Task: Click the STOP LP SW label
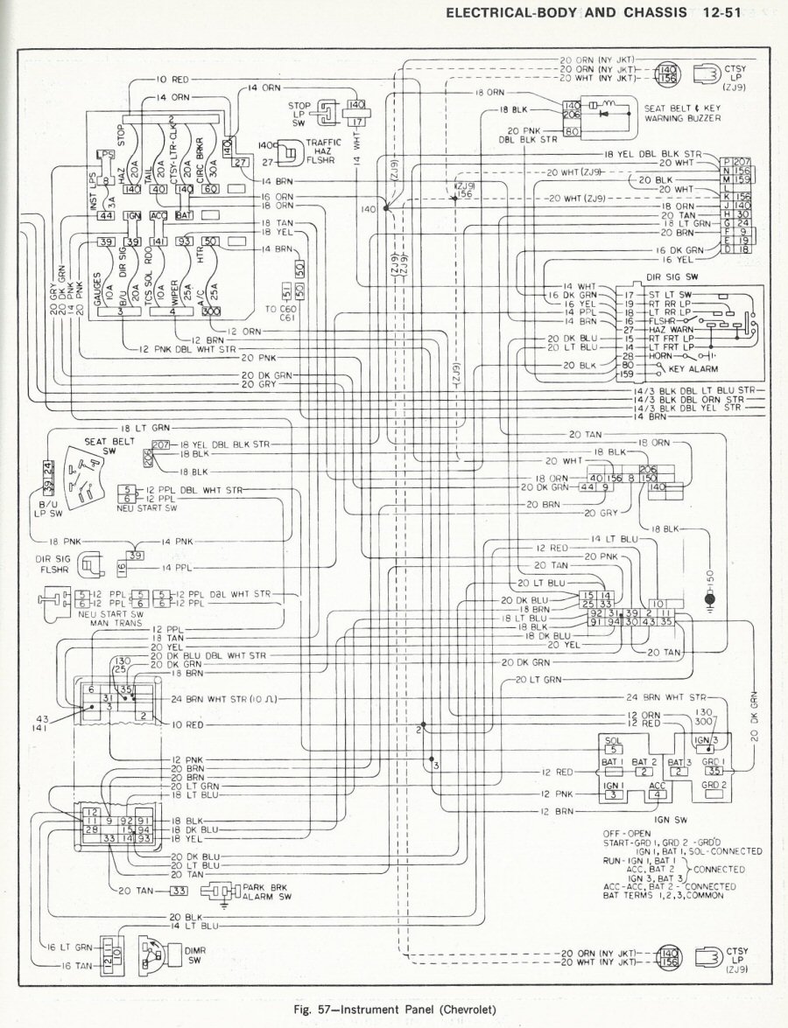[299, 112]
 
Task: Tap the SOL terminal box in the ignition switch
[613, 746]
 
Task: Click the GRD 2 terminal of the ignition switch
[714, 786]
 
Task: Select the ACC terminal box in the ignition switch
[658, 790]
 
